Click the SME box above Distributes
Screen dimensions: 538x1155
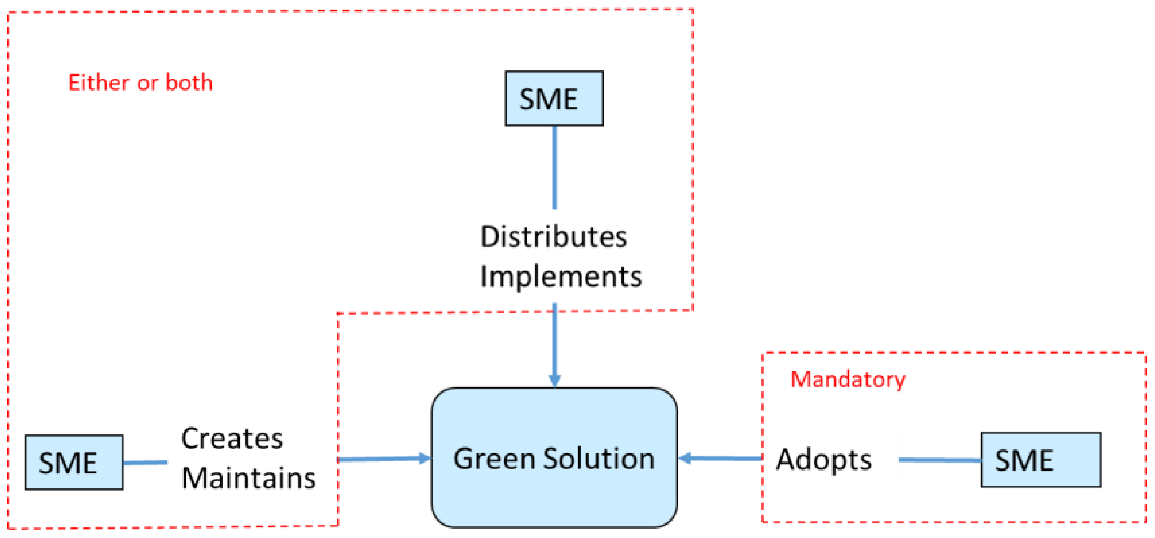pos(554,99)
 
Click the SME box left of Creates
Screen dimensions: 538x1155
pos(74,462)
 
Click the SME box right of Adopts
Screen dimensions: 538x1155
pos(1041,460)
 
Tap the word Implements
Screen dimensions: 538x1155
pos(560,276)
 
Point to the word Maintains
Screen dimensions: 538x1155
pos(248,478)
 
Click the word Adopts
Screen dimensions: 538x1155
pos(823,460)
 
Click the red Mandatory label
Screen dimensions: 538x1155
pos(848,380)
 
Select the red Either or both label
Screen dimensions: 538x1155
pos(140,83)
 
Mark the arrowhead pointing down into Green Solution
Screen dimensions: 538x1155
pos(555,381)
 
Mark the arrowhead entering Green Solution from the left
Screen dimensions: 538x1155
pos(424,458)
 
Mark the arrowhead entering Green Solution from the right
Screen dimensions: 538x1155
pos(686,458)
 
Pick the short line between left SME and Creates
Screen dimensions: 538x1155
pos(145,462)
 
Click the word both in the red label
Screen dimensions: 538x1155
pos(189,83)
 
